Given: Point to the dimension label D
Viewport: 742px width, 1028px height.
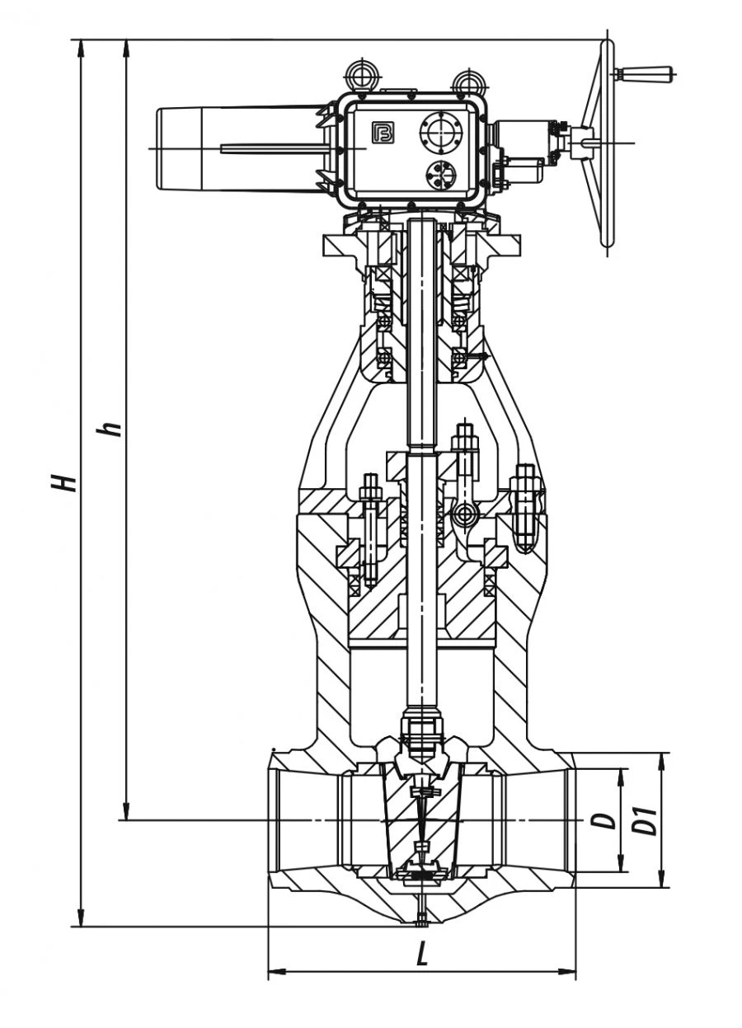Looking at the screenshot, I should (x=606, y=820).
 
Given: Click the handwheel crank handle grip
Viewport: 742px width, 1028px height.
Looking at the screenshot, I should (x=651, y=74).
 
